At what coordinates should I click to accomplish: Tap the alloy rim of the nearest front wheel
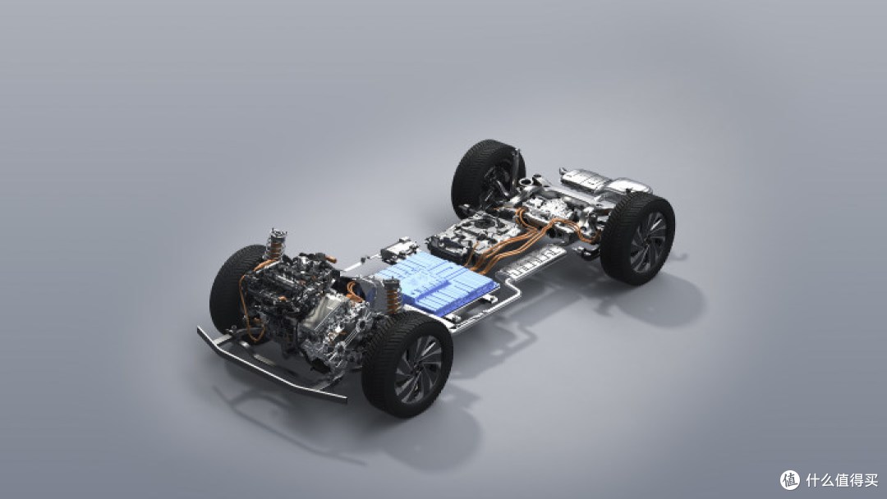click(x=418, y=370)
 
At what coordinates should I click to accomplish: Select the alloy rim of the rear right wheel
click(x=648, y=242)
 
